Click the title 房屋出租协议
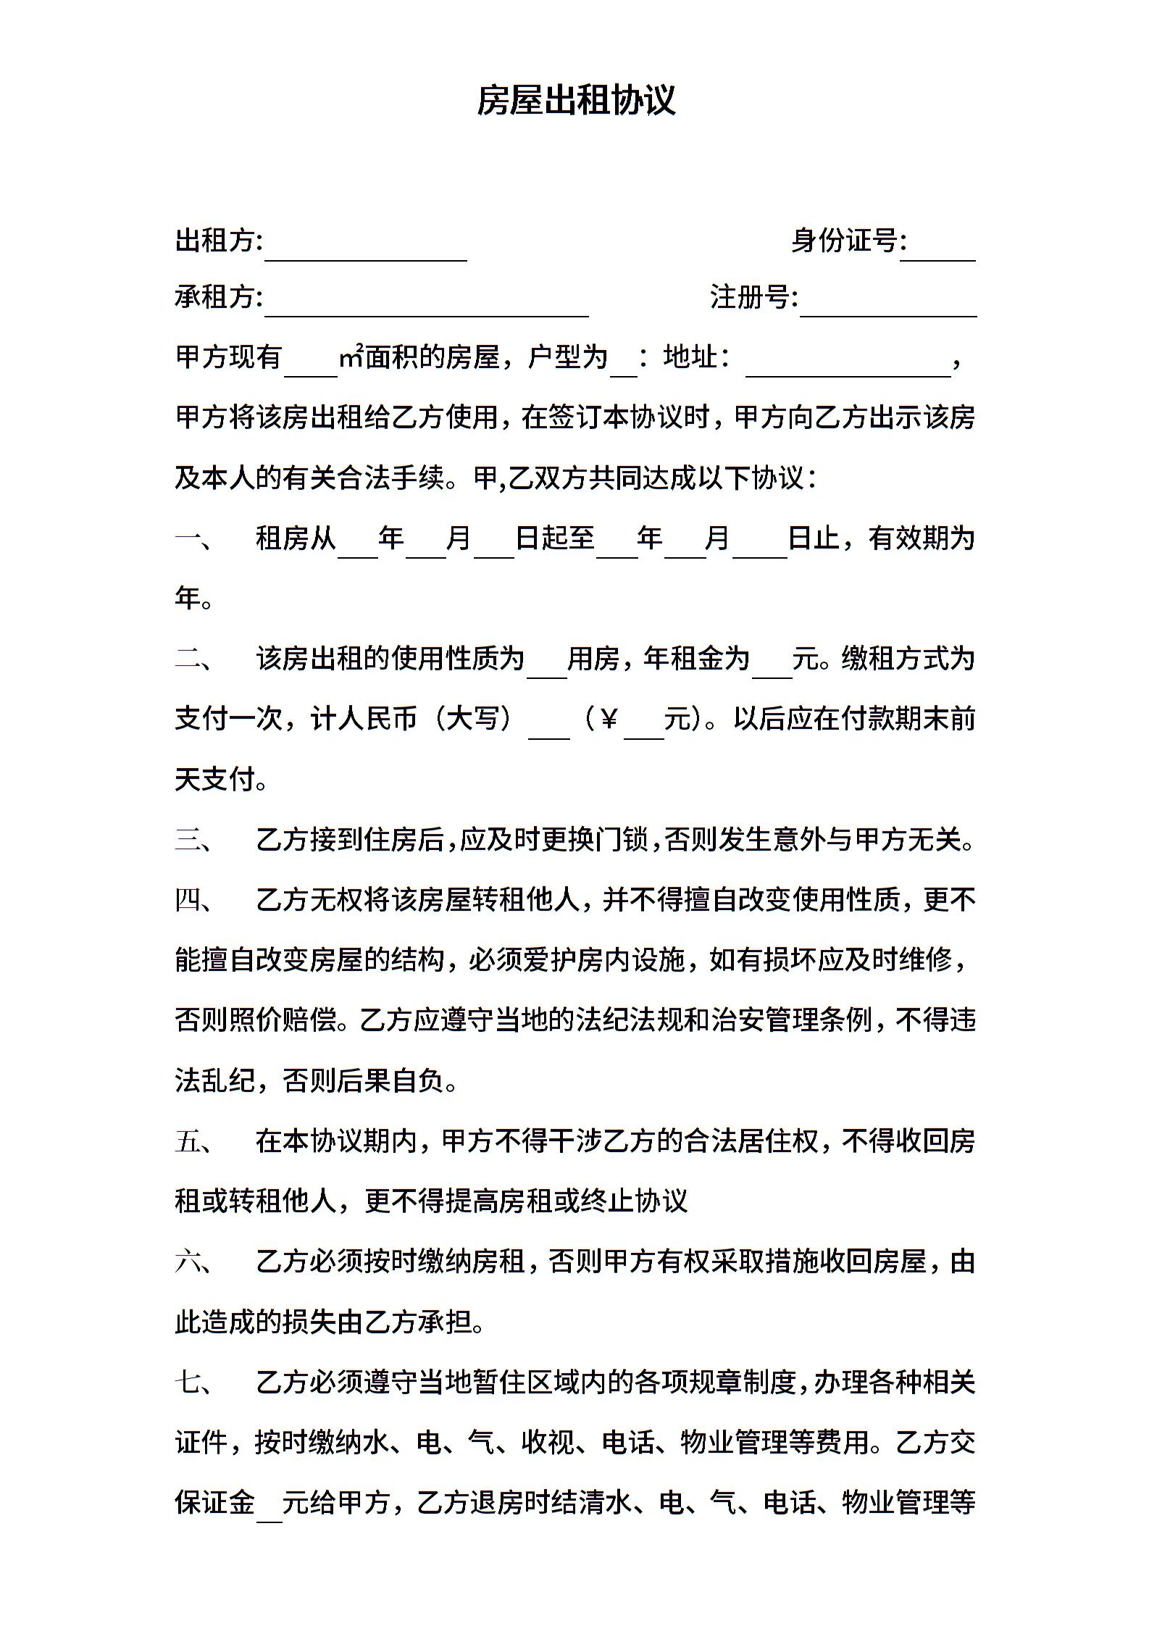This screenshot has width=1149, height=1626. pyautogui.click(x=576, y=101)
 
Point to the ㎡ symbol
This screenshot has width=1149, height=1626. pyautogui.click(x=351, y=357)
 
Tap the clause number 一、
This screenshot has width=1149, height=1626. pyautogui.click(x=193, y=538)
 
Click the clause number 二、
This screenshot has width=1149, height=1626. pyautogui.click(x=193, y=659)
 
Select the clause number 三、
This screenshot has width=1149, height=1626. pyautogui.click(x=193, y=840)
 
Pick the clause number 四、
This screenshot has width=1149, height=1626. pyautogui.click(x=193, y=900)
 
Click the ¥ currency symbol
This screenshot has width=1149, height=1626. pyautogui.click(x=609, y=720)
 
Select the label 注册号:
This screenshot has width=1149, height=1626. pyautogui.click(x=754, y=297)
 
